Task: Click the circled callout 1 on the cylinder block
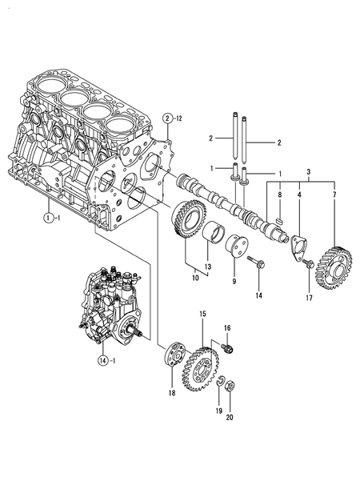tap(49, 217)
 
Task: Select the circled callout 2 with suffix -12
tap(167, 118)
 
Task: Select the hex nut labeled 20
tap(229, 385)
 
